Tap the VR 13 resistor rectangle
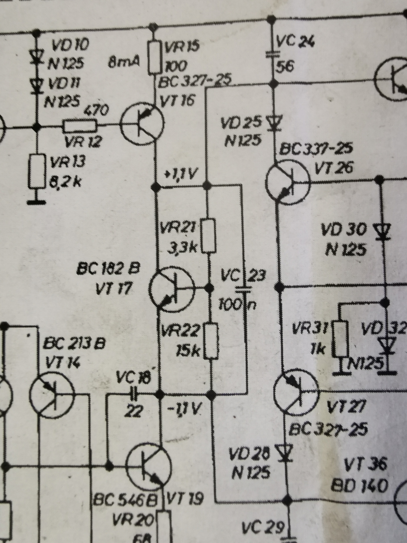tap(37, 171)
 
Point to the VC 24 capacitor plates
tap(272, 53)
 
